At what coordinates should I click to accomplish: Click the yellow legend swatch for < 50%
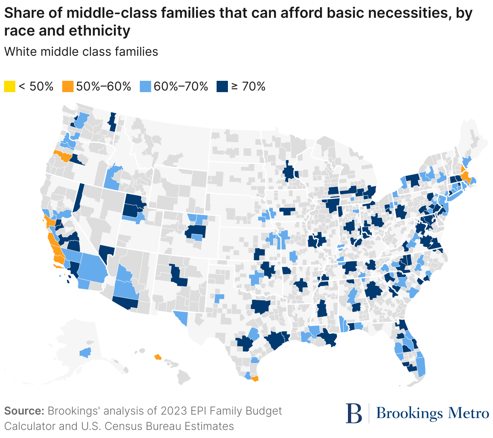click(10, 86)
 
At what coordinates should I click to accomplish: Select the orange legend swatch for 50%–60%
click(67, 86)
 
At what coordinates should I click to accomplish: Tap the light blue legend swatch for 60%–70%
click(145, 86)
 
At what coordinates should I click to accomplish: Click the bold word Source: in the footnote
click(24, 411)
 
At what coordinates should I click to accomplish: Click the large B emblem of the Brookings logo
click(354, 413)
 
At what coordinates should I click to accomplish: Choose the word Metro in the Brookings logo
click(469, 413)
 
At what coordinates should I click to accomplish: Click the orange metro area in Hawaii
click(158, 357)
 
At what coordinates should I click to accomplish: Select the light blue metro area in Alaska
click(85, 353)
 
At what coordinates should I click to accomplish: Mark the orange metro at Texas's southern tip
click(255, 379)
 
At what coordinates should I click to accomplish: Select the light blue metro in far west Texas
click(181, 317)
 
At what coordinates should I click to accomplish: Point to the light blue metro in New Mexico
click(219, 298)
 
